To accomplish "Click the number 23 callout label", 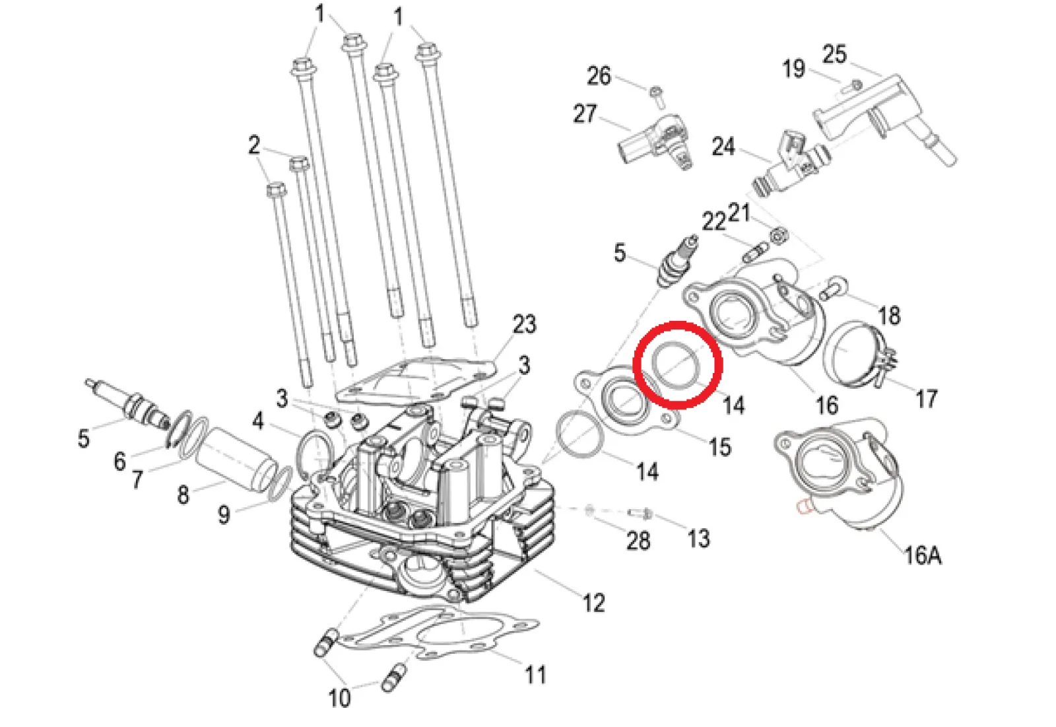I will coord(525,325).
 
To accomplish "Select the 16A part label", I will coord(922,555).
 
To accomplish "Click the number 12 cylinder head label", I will coord(593,603).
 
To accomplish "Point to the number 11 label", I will coord(536,675).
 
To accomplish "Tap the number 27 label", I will coord(585,114).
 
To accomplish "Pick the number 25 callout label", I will coord(834,54).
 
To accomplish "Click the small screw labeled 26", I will coord(657,95).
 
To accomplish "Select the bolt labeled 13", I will coord(640,512).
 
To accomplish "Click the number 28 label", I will coord(638,541).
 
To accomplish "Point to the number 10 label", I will coord(339,698).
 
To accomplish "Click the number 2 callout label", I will coord(254,145).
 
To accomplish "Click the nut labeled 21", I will coord(778,234).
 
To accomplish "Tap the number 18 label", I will coord(889,316).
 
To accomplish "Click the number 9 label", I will coord(224,514).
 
